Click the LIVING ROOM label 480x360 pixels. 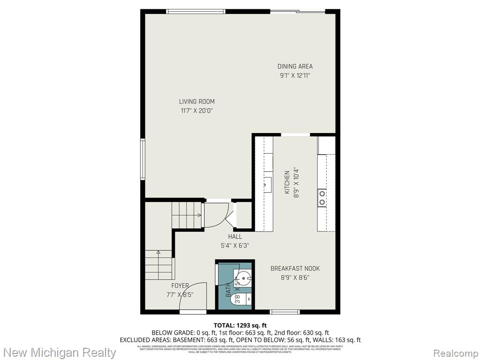click(196, 101)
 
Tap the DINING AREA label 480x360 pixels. click(295, 67)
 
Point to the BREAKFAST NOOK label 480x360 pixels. click(295, 269)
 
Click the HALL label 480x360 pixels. click(235, 237)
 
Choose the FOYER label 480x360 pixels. click(180, 285)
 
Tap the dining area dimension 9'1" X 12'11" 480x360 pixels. click(295, 75)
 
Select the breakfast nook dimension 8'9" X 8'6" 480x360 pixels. click(295, 277)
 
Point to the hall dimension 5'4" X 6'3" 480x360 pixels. click(235, 245)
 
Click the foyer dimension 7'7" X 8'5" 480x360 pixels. click(180, 294)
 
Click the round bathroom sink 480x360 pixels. click(245, 277)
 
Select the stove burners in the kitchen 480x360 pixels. click(322, 197)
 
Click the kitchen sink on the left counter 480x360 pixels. click(268, 183)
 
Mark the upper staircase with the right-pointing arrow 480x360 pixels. click(187, 215)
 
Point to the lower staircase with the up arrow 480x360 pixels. click(158, 265)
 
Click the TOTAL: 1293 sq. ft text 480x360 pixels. click(240, 325)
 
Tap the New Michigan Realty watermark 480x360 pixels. click(60, 352)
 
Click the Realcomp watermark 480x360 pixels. click(454, 352)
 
